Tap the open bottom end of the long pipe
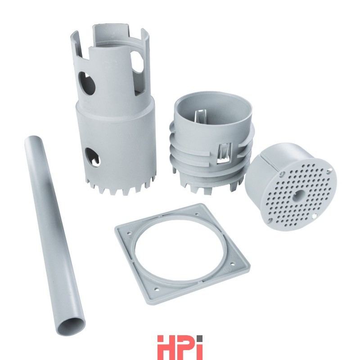72,326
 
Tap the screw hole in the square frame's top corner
197,214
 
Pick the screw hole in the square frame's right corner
232,264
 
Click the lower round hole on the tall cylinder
93,157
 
